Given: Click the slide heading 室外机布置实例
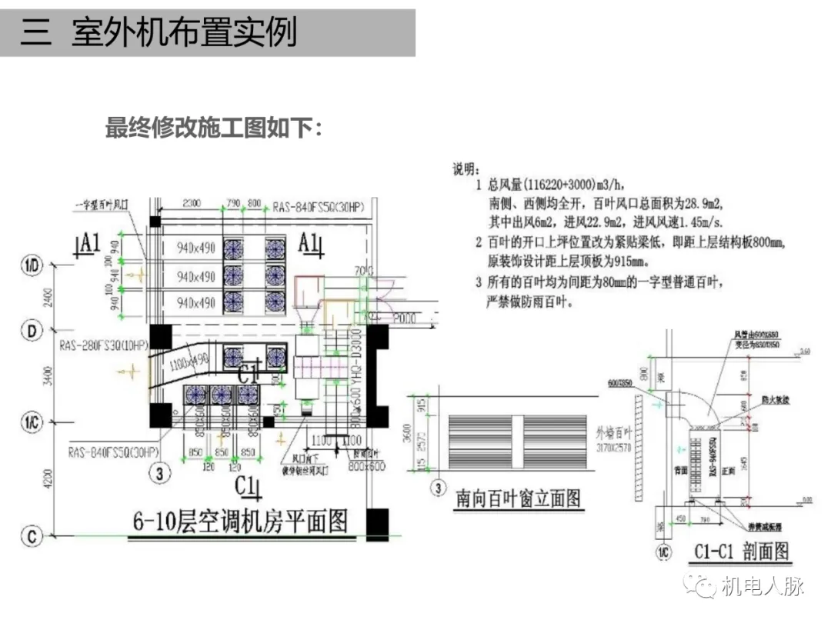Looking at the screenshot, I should click(x=185, y=34).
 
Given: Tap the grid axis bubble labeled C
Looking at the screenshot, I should click(x=32, y=536).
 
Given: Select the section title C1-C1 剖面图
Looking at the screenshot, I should click(x=741, y=551).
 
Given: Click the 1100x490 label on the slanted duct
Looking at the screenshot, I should click(x=189, y=358).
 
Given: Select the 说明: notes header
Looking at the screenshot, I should click(x=465, y=168).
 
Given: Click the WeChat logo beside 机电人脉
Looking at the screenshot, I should click(x=701, y=587).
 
